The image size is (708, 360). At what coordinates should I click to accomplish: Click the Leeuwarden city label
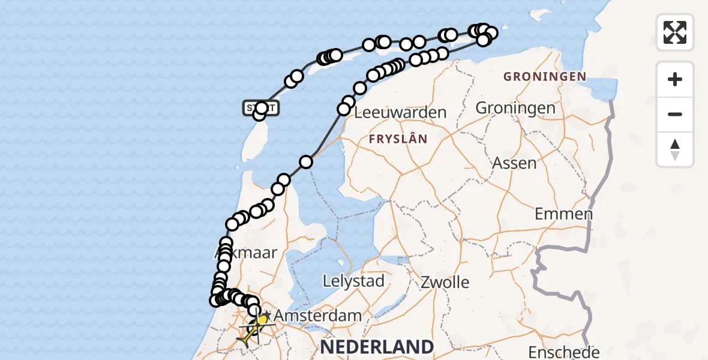(x=401, y=112)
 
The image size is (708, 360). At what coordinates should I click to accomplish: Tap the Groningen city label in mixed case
(x=515, y=108)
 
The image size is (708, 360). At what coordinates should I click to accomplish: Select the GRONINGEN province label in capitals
(x=544, y=76)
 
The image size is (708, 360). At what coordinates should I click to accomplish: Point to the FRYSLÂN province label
(x=398, y=139)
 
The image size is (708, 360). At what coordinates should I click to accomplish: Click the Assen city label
(x=514, y=163)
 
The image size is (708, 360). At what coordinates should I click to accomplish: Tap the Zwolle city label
(x=445, y=282)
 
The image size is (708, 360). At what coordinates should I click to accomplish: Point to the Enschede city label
(x=563, y=352)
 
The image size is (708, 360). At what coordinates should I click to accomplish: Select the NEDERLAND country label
(x=377, y=346)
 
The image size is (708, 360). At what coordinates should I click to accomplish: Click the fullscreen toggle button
(x=675, y=32)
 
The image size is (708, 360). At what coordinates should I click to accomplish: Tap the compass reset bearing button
(x=675, y=149)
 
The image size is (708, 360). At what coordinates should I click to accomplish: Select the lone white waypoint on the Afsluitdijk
(x=306, y=161)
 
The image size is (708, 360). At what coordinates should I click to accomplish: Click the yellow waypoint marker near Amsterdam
(x=262, y=320)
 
